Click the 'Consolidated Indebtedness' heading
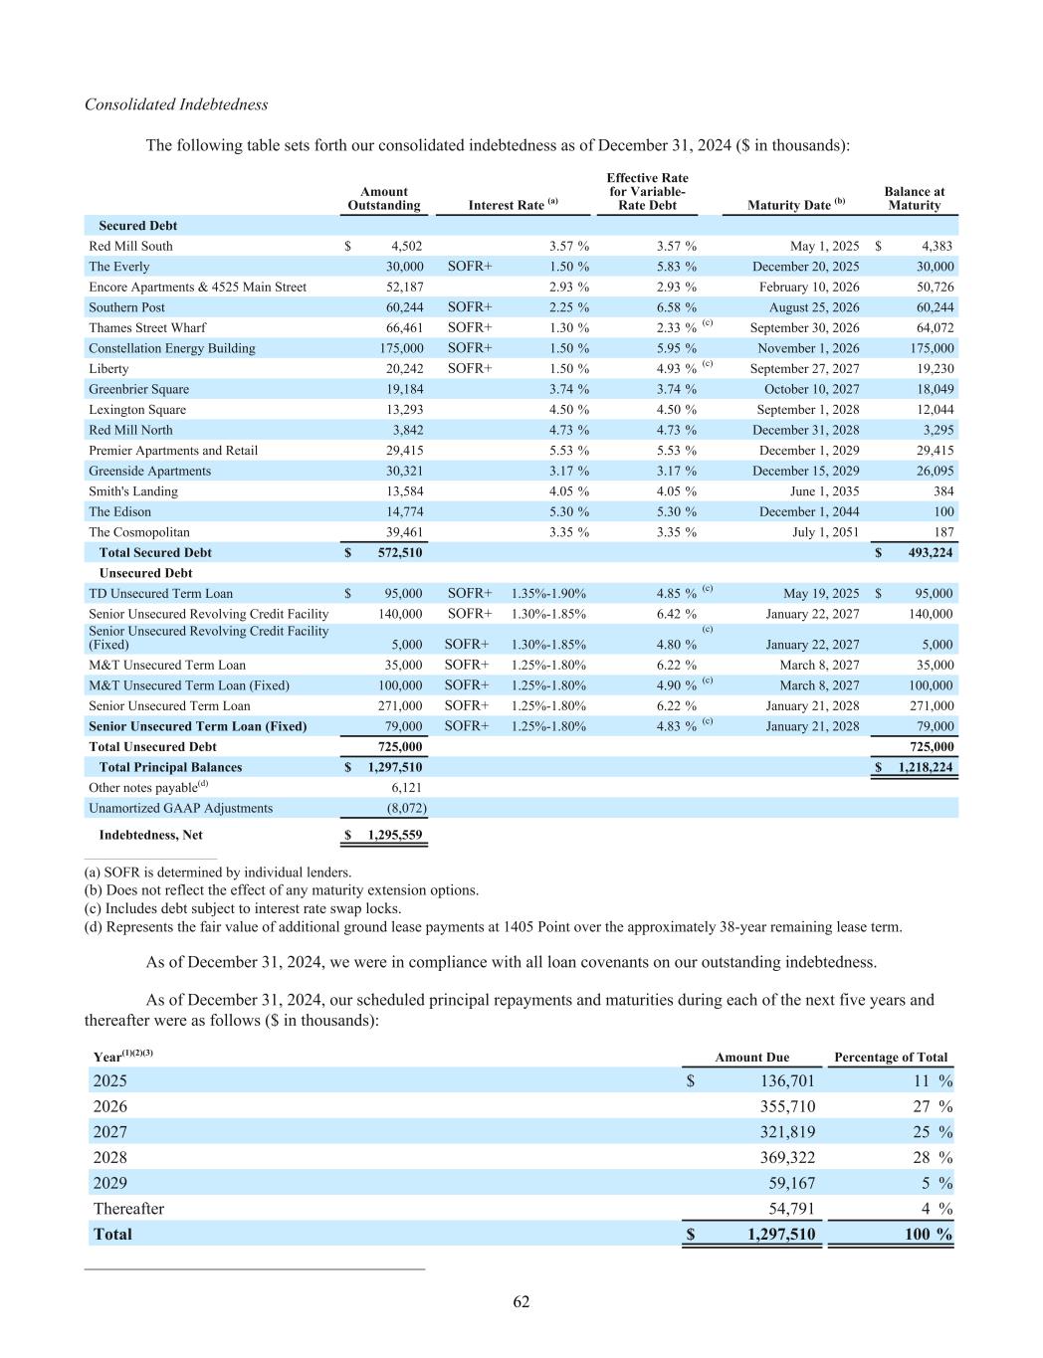(176, 104)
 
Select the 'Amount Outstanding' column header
(384, 199)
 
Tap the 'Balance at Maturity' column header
(914, 199)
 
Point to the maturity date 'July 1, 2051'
(824, 532)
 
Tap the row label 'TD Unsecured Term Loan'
(160, 594)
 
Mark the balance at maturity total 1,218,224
(920, 767)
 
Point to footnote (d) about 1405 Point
(493, 927)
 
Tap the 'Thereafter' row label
(128, 1209)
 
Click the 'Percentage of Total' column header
(891, 1058)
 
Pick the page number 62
(521, 1302)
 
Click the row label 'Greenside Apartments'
(149, 472)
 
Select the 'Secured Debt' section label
(137, 226)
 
